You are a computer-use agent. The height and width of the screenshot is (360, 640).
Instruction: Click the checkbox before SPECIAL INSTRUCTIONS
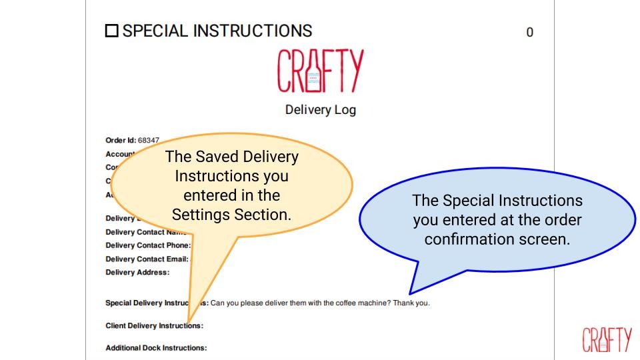tap(112, 31)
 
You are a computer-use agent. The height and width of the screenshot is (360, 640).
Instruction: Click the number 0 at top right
tap(529, 32)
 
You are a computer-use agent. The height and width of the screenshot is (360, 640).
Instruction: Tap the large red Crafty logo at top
tap(321, 71)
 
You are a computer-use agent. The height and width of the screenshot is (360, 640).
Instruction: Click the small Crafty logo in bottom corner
tap(607, 339)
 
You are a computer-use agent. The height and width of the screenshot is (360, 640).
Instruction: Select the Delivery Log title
tap(320, 109)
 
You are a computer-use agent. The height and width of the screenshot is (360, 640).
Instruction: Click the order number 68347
tap(148, 141)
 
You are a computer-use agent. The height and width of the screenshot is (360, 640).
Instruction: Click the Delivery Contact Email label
tap(147, 259)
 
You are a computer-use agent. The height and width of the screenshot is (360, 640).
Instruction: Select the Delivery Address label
tap(137, 272)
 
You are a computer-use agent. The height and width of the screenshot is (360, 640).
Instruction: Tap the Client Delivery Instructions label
tap(154, 326)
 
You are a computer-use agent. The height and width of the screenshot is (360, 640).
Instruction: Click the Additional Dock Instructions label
tap(156, 348)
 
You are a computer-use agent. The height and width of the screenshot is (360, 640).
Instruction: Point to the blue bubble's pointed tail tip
tap(409, 293)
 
